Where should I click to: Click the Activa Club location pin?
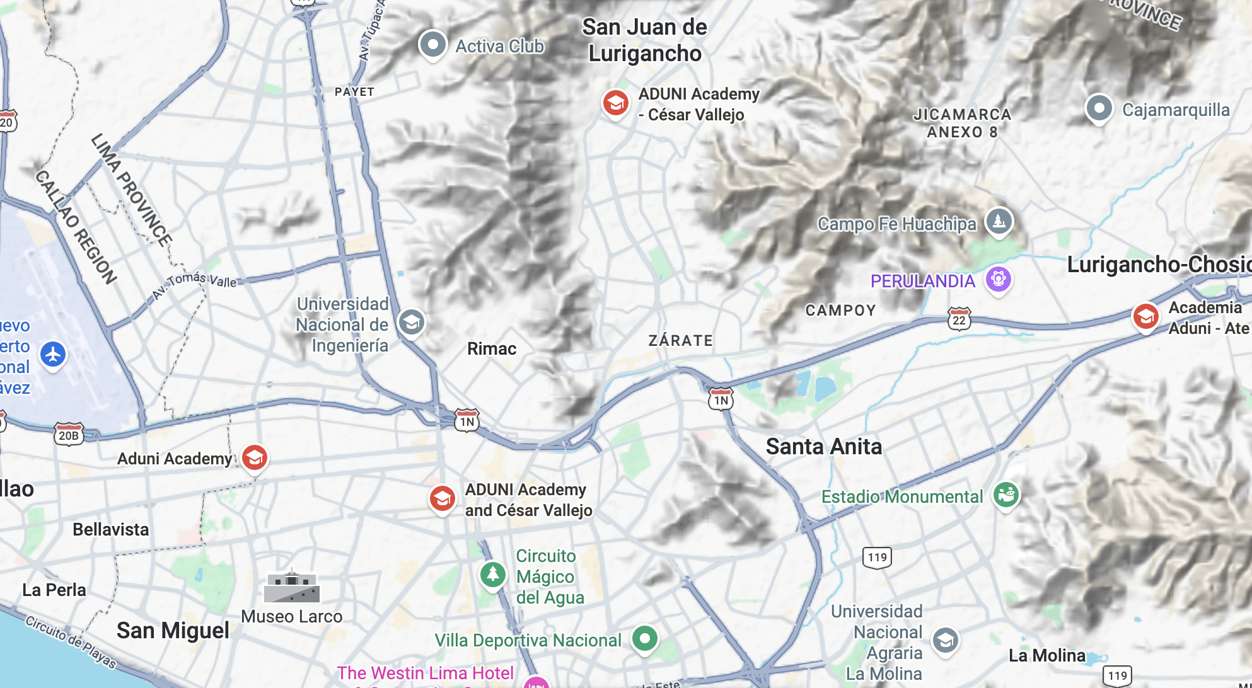pos(432,45)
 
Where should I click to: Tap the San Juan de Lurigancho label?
pos(644,40)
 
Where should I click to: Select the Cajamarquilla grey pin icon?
pos(1099,108)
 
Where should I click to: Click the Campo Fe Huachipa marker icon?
pos(999,221)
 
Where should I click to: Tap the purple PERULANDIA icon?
pos(998,278)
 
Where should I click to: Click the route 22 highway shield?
pos(959,319)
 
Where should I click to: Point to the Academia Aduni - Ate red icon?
pos(1145,316)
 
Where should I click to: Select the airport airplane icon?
pos(53,354)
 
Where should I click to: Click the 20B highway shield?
pos(69,435)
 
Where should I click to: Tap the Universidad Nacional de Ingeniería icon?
pos(411,323)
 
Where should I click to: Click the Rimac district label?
pos(492,348)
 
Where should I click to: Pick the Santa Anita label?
pos(823,447)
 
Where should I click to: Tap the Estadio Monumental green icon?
pos(1006,495)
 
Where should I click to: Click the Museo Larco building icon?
pos(291,587)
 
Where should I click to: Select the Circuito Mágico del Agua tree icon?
pos(492,575)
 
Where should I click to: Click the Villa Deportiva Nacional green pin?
pos(644,639)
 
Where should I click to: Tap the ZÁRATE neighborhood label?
pos(681,341)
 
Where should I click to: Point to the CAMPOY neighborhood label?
pos(840,311)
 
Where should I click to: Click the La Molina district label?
pos(1046,655)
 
